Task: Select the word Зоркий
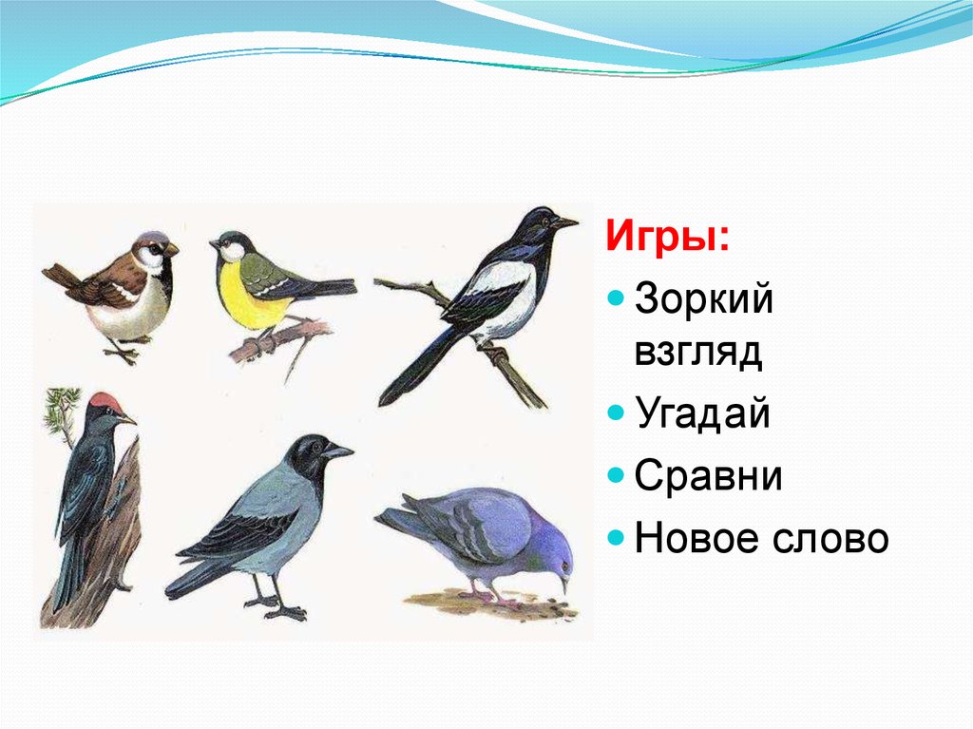pyautogui.click(x=704, y=299)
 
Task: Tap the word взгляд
pyautogui.click(x=698, y=354)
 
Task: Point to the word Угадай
pyautogui.click(x=702, y=412)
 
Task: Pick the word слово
pyautogui.click(x=830, y=539)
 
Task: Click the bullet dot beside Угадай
pyautogui.click(x=615, y=412)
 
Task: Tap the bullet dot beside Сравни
pyautogui.click(x=615, y=476)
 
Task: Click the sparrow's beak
pyautogui.click(x=171, y=249)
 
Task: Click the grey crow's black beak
pyautogui.click(x=337, y=451)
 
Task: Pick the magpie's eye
pyautogui.click(x=546, y=221)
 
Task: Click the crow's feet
pyautogui.click(x=274, y=606)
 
